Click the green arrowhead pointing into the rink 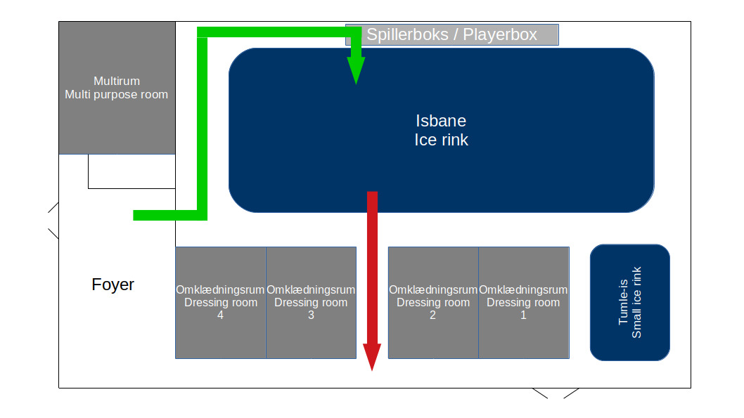click(x=356, y=70)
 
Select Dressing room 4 click(x=221, y=302)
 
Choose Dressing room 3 click(x=312, y=302)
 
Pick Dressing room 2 click(x=433, y=302)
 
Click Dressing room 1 click(x=524, y=302)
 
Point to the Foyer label click(x=113, y=285)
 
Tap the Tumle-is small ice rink click(x=629, y=302)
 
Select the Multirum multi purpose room click(x=117, y=88)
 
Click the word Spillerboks click(x=408, y=34)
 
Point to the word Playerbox click(x=500, y=34)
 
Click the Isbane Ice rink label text click(x=442, y=131)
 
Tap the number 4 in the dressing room click(x=220, y=315)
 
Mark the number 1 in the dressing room click(x=523, y=315)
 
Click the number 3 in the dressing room click(x=311, y=315)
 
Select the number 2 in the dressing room click(x=432, y=315)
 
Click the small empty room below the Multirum click(x=132, y=171)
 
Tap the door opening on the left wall click(x=53, y=221)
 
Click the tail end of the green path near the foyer click(x=134, y=215)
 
